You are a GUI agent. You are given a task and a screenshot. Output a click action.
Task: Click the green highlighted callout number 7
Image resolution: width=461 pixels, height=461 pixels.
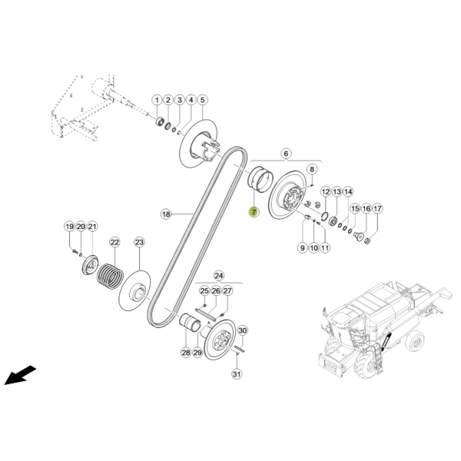click(254, 212)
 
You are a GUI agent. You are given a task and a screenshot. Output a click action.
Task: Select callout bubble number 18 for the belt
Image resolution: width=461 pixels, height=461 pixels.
click(166, 214)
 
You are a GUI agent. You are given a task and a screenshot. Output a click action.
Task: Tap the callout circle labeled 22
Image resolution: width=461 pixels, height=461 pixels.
click(114, 242)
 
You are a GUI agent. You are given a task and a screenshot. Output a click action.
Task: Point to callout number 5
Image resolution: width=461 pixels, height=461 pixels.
click(202, 100)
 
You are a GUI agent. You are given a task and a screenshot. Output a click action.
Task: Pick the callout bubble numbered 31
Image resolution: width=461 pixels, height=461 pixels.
click(237, 374)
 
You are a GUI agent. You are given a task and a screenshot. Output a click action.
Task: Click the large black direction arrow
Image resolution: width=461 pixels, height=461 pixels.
click(20, 375)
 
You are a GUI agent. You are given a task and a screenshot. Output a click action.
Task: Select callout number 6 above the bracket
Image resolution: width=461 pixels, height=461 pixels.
click(286, 153)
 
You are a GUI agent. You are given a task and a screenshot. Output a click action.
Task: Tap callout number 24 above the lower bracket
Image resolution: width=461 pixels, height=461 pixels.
click(219, 276)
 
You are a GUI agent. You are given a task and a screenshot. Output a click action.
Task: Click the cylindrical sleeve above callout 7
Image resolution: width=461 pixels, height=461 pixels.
click(260, 180)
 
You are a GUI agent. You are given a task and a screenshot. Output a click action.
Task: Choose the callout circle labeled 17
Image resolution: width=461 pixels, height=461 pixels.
click(377, 209)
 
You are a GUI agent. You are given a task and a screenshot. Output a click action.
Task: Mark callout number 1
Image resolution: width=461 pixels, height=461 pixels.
click(157, 100)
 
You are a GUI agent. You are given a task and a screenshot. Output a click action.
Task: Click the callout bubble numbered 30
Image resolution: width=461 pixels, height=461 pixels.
click(242, 330)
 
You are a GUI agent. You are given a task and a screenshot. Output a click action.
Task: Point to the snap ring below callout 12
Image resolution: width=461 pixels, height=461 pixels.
click(325, 217)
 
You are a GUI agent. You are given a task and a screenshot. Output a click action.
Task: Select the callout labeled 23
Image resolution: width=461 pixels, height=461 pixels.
click(139, 242)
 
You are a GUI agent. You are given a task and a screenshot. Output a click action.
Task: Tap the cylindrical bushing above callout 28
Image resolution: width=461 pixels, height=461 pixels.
click(190, 323)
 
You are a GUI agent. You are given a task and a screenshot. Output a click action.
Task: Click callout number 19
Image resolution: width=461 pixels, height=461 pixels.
click(69, 227)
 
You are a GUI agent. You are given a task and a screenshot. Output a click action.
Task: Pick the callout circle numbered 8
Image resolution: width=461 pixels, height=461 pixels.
click(312, 169)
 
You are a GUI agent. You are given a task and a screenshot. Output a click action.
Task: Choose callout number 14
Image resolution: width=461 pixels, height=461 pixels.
click(348, 191)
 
